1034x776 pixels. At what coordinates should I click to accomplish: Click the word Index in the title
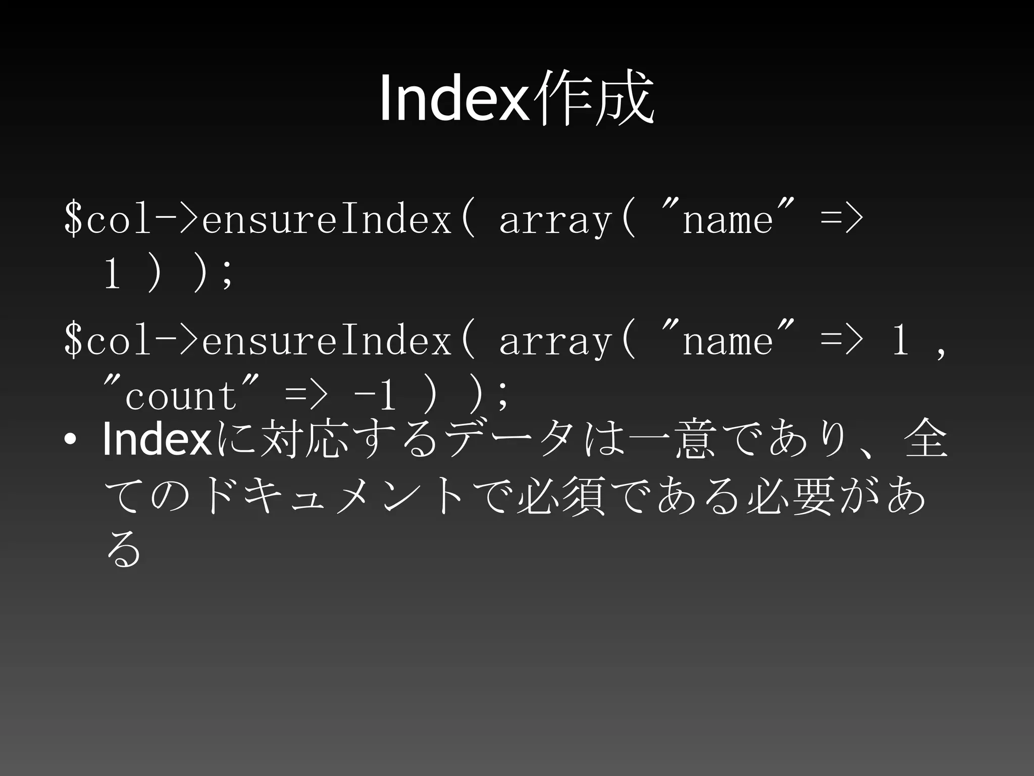(x=453, y=98)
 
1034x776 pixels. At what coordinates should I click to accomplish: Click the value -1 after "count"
(x=375, y=396)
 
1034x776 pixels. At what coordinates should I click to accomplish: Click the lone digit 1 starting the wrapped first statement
(x=112, y=274)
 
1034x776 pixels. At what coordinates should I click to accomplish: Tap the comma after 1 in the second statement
(x=940, y=349)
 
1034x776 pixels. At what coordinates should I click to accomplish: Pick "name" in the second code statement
(x=728, y=340)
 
